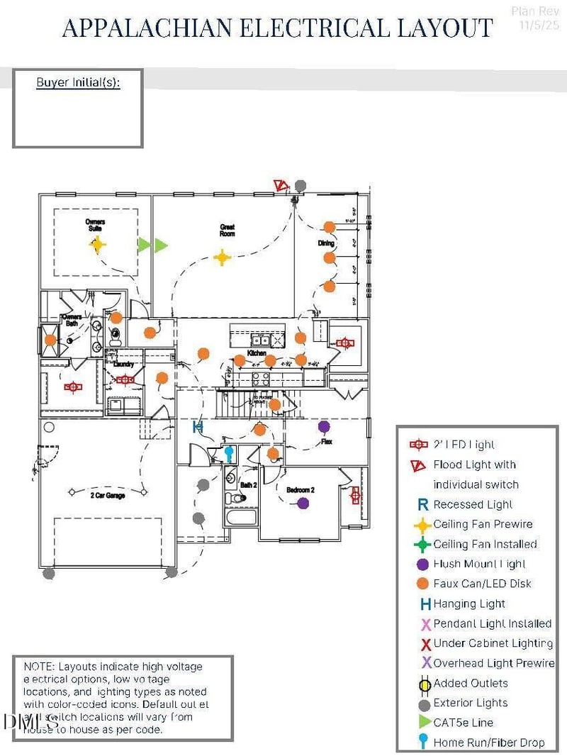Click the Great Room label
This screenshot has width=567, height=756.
[x=227, y=230]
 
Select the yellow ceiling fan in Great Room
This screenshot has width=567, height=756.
[x=223, y=257]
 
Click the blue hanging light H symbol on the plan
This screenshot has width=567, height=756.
[x=198, y=426]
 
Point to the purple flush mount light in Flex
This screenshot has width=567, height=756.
[x=324, y=427]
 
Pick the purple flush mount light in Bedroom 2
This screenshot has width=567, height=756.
[x=303, y=503]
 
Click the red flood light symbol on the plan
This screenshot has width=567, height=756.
[x=281, y=186]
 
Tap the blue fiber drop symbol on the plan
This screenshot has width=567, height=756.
[x=229, y=452]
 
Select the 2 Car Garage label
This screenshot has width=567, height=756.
[x=107, y=495]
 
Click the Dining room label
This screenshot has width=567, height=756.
[x=325, y=243]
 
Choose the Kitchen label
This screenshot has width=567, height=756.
[x=256, y=352]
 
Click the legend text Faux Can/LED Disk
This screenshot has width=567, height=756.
[x=482, y=584]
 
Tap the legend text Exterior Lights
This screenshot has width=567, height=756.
[x=470, y=703]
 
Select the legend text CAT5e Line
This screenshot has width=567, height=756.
[x=464, y=723]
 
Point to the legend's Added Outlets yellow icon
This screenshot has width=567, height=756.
[x=425, y=684]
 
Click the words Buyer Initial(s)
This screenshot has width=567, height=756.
[x=78, y=83]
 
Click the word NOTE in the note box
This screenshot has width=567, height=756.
[x=39, y=667]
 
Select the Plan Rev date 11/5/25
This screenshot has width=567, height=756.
[x=539, y=25]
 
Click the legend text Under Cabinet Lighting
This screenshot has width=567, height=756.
[x=493, y=643]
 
